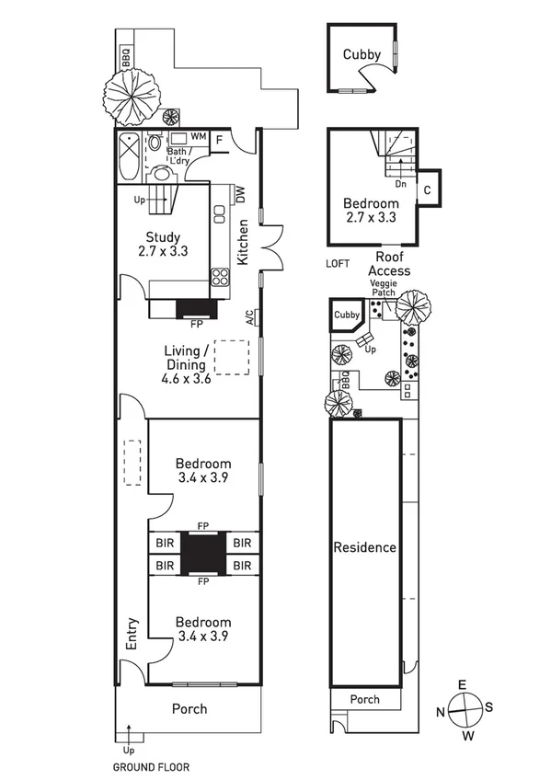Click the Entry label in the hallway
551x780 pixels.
[132, 634]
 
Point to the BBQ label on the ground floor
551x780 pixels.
[125, 57]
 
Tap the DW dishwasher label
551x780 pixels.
[240, 195]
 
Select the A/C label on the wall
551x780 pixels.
[249, 317]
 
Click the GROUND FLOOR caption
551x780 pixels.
[151, 766]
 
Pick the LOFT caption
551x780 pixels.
[339, 263]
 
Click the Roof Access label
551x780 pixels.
[389, 264]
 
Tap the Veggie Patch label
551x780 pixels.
[384, 289]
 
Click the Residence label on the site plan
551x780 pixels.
[365, 547]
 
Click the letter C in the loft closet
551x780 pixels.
[429, 189]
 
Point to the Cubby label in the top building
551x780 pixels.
[362, 54]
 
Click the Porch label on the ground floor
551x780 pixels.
[190, 709]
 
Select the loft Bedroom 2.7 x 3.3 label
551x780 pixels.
[371, 211]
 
